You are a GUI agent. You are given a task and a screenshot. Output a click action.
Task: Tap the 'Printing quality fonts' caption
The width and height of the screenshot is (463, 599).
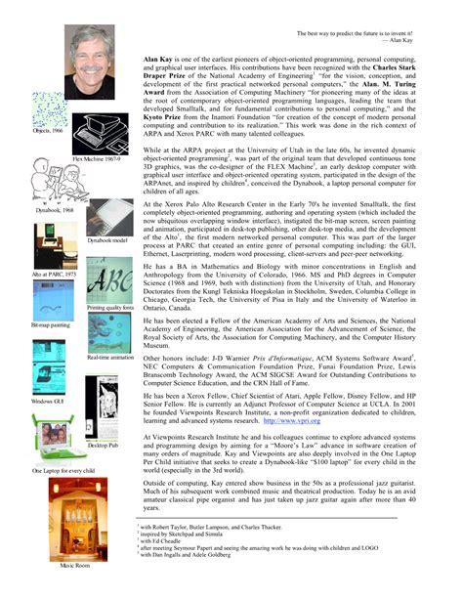coord(110,308)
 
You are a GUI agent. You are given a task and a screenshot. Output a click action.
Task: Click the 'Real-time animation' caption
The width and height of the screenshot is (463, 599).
coord(110,359)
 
